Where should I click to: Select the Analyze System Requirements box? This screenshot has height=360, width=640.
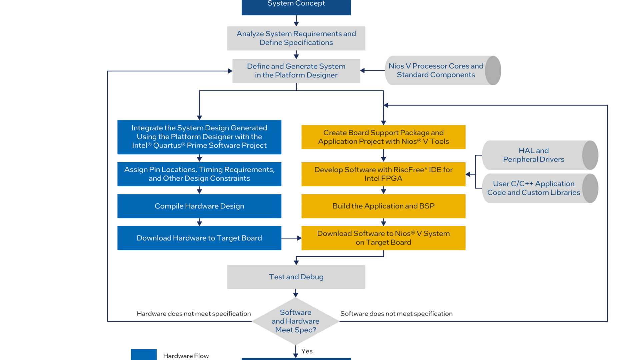tap(296, 38)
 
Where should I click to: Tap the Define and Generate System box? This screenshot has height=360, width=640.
tap(296, 71)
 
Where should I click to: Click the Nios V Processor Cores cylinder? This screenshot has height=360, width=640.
tap(443, 70)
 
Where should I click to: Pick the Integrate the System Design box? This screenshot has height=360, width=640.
tap(199, 137)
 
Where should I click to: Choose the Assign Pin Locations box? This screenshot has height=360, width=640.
tap(199, 174)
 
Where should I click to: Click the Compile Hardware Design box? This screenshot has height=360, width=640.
tap(199, 206)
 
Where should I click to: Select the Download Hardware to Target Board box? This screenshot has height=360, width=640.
tap(199, 238)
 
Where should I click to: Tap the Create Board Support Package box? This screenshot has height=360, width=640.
tap(383, 137)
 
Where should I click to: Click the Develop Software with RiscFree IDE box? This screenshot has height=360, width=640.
tap(383, 174)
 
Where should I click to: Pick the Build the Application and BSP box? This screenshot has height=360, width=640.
tap(383, 206)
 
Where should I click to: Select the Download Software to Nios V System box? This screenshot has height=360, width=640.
tap(383, 238)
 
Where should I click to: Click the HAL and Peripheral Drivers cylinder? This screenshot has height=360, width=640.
tap(540, 155)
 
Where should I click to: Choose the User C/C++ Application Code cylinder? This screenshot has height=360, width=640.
tap(540, 188)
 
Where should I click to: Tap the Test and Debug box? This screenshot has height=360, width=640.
tap(296, 277)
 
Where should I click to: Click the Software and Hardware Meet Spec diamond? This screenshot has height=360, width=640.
tap(296, 321)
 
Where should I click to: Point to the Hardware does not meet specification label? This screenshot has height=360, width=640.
tap(194, 314)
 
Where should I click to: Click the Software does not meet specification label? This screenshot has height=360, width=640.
tap(396, 314)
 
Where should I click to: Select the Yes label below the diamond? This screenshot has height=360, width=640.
tap(307, 351)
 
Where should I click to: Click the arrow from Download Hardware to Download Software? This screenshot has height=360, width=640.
tap(291, 238)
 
